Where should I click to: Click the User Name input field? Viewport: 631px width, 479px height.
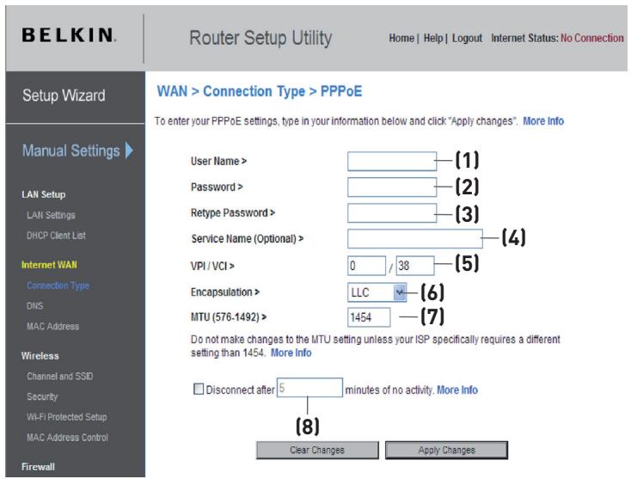pos(392,161)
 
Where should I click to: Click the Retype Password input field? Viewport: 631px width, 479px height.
pos(392,212)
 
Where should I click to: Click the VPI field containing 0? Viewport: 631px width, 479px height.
pos(365,265)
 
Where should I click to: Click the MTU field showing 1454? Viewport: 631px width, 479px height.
pos(369,318)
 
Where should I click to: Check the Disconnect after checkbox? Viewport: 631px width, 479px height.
pos(199,390)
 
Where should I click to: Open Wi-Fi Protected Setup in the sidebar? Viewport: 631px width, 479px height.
pos(66,417)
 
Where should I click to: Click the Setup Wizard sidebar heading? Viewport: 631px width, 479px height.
pos(63,95)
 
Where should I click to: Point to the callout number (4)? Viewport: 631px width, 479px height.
pos(513,237)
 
